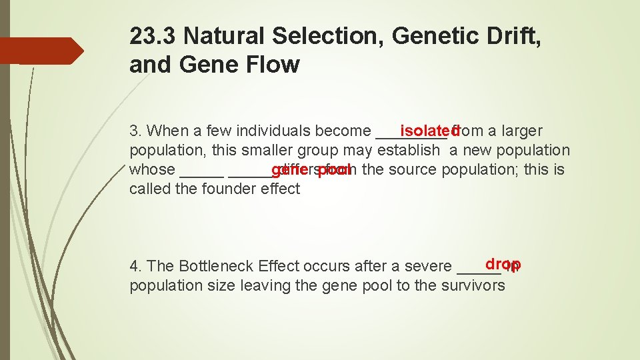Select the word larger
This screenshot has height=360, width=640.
coord(520,131)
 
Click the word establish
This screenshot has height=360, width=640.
coord(409,150)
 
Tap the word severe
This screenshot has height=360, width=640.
coord(432,266)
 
